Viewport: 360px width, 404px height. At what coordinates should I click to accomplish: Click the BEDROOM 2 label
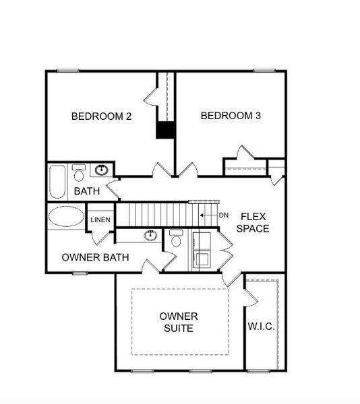[x=101, y=116]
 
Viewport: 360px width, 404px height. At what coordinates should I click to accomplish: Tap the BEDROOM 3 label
[x=231, y=116]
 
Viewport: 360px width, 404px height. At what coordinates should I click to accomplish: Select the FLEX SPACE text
[x=254, y=223]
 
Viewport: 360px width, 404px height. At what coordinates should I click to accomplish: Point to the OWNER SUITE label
[x=178, y=323]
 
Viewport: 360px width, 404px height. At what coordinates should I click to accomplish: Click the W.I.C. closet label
[x=262, y=326]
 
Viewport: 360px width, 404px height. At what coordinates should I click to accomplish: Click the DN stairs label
[x=224, y=215]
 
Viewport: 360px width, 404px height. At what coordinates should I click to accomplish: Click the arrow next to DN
[x=208, y=215]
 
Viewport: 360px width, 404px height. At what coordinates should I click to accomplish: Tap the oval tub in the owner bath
[x=65, y=217]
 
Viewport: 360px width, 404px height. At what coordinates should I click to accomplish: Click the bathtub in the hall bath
[x=57, y=181]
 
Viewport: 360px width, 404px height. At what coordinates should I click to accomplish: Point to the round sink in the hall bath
[x=102, y=170]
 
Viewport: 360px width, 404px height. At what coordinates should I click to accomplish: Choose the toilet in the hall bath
[x=79, y=174]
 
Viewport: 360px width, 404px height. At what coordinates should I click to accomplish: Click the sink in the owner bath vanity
[x=150, y=236]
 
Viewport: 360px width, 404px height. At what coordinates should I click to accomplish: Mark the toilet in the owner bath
[x=176, y=239]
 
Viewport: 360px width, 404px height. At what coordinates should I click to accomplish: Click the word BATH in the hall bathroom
[x=87, y=192]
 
